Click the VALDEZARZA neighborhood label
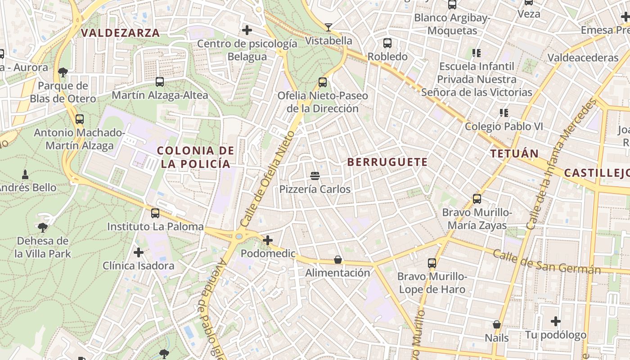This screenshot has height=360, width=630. (x=120, y=33)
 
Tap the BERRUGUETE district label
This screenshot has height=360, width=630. (x=387, y=162)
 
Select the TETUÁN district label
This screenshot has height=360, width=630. (x=514, y=153)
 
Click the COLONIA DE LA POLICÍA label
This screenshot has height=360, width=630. (x=196, y=157)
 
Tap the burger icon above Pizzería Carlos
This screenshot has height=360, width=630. (x=315, y=175)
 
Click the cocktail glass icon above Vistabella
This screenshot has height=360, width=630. (x=328, y=27)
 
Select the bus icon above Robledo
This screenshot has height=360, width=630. (x=387, y=43)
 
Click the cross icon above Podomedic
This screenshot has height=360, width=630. (x=268, y=240)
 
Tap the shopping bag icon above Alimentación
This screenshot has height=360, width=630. (x=338, y=260)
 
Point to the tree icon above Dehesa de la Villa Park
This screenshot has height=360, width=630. (x=43, y=228)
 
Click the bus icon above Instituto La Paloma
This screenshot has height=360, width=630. (x=155, y=213)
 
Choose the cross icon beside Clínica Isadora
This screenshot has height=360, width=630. (x=139, y=252)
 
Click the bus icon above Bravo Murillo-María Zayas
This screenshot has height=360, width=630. (x=477, y=198)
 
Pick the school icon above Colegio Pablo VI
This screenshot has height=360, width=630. (x=504, y=113)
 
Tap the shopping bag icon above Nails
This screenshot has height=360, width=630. (x=497, y=324)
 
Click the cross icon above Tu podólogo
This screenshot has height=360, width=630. (x=556, y=321)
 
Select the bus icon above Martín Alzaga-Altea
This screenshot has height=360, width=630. (x=160, y=82)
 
